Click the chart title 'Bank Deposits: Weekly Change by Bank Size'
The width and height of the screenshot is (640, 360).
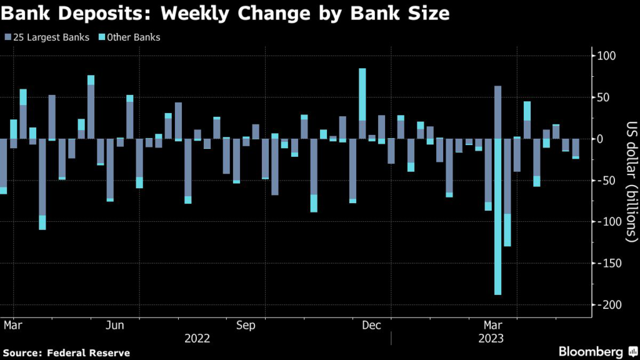coord(226,14)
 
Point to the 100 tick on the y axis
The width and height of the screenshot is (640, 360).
coord(607,56)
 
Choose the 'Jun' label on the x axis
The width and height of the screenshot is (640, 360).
coord(115,326)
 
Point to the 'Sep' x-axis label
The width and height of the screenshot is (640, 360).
coord(246,326)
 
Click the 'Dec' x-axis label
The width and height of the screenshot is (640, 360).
coord(372,326)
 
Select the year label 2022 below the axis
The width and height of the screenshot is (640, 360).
coord(197,338)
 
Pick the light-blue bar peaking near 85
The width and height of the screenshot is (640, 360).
coord(362,94)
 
